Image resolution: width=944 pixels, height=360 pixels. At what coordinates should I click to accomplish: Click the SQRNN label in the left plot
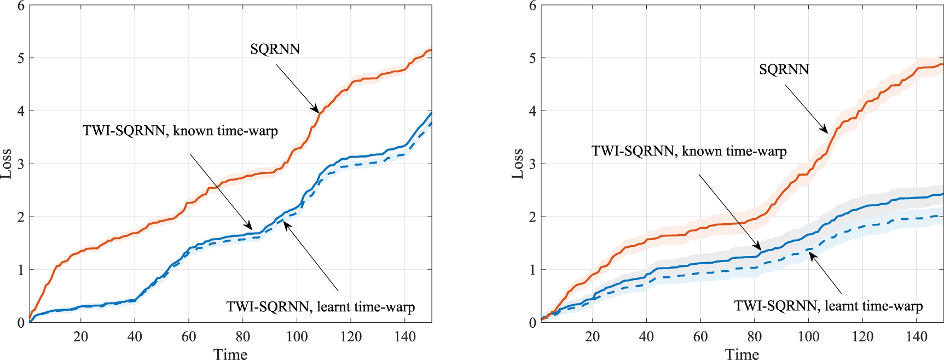(275, 49)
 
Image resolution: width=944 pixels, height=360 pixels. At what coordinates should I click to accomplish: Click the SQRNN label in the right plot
(784, 69)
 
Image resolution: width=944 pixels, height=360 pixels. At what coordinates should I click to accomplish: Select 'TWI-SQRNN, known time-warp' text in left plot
(180, 131)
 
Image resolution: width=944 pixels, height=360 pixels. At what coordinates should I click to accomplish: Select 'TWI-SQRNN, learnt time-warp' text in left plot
(321, 307)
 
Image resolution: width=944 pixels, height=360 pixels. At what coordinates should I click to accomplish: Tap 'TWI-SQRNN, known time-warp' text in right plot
(689, 151)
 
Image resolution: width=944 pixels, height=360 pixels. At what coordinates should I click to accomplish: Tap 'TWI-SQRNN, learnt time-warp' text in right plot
(829, 306)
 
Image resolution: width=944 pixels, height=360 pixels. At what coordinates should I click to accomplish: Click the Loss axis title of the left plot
(6, 163)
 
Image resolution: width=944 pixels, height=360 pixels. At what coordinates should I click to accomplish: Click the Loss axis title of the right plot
(517, 163)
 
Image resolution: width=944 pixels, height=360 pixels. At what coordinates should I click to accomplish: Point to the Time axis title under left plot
(230, 355)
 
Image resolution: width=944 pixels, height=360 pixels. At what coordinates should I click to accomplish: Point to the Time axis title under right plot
(742, 355)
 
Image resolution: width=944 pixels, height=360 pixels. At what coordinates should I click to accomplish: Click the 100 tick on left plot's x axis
(297, 336)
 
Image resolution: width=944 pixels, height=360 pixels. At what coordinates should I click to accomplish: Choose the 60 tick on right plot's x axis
(700, 336)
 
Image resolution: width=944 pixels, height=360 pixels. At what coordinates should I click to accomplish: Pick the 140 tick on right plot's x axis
(916, 336)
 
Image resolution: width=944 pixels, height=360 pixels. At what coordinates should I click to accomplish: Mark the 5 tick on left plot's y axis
(21, 58)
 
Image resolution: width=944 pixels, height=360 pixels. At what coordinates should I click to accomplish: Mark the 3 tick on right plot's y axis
(532, 164)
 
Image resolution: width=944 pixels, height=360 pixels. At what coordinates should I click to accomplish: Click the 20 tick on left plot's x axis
(80, 336)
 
